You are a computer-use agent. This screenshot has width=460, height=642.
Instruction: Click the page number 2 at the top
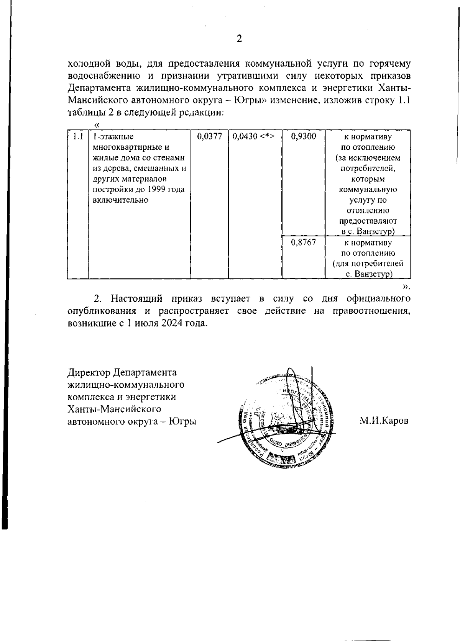[x=239, y=39]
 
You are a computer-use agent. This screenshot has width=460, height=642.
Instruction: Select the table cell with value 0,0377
[x=209, y=136]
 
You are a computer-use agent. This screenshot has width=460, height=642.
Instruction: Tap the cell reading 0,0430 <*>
[x=253, y=136]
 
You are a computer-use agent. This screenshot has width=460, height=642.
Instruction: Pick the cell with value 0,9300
[x=303, y=136]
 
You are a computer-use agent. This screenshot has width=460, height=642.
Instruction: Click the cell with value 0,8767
[x=303, y=242]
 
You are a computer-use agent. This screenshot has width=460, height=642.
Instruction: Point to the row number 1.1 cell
[x=78, y=136]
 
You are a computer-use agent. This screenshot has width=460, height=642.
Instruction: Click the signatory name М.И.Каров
[x=384, y=421]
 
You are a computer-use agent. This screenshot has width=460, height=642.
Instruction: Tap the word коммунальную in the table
[x=368, y=189]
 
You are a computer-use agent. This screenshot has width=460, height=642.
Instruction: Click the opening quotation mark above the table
[x=97, y=124]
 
